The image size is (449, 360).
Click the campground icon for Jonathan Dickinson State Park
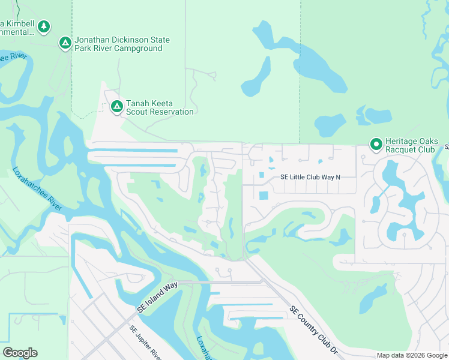[x=65, y=43]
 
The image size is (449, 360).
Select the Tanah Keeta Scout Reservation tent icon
[x=116, y=107]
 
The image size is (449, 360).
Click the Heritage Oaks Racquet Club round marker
[x=376, y=144]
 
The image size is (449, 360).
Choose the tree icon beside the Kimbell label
[x=43, y=26]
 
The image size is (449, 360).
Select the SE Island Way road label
[x=157, y=297]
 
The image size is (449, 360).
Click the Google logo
[x=20, y=353]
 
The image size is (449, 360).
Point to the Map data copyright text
[x=412, y=355]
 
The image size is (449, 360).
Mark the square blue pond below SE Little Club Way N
[x=264, y=196]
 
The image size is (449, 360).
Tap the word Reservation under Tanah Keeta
[x=172, y=112]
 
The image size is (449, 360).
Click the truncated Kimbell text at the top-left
[x=16, y=27]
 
